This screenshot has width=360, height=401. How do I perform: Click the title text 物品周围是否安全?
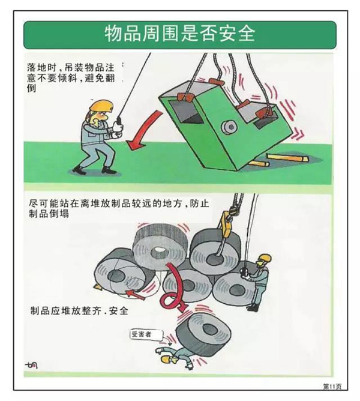[x=180, y=34]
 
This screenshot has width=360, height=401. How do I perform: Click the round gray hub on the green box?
[x=229, y=127]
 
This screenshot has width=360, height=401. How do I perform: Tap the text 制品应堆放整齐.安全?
[x=79, y=312]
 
